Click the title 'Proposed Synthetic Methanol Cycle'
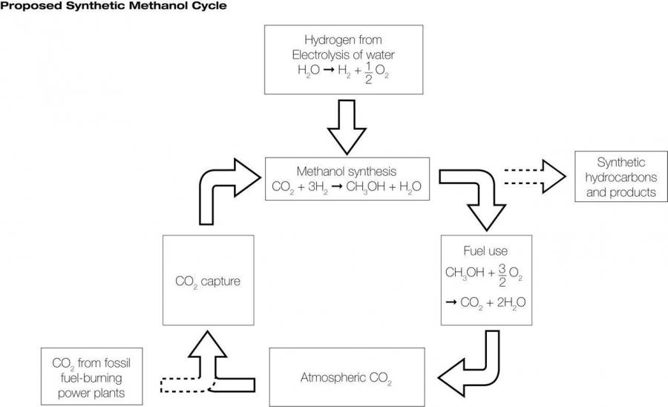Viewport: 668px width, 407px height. click(114, 5)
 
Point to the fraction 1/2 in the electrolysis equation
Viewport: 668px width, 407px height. click(368, 71)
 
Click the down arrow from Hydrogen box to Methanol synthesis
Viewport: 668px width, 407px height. click(347, 126)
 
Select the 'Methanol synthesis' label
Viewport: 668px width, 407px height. click(347, 172)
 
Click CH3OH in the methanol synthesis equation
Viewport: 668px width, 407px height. click(365, 186)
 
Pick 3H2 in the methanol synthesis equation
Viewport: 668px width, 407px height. click(318, 186)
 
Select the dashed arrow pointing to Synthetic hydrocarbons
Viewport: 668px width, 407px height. click(535, 177)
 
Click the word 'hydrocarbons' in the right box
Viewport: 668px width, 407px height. click(620, 178)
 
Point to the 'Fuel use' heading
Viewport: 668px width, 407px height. click(485, 250)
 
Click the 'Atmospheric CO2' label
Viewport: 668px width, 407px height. click(346, 378)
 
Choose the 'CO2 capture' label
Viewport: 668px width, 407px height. click(208, 281)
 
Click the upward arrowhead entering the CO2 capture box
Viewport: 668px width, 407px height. click(208, 344)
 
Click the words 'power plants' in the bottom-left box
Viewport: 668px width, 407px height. click(91, 393)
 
